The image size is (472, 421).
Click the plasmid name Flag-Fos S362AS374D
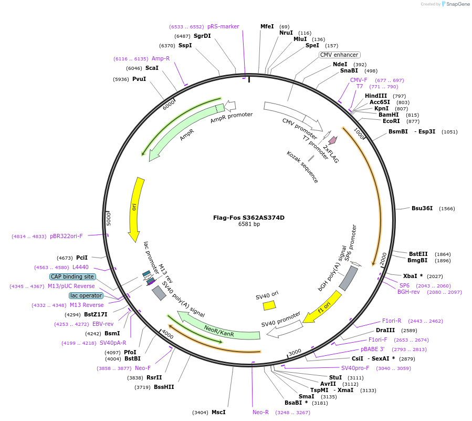[249, 218]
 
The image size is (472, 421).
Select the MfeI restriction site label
[267, 26]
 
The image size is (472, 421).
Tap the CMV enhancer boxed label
[339, 55]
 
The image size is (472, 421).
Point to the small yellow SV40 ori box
[269, 305]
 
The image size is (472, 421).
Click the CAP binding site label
[72, 276]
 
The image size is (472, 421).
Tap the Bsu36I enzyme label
[422, 208]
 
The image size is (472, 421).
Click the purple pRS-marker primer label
[223, 26]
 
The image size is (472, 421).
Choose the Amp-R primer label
[161, 58]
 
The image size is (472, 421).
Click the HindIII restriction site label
[376, 96]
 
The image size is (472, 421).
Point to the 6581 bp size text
[249, 224]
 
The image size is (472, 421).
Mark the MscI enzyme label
[218, 412]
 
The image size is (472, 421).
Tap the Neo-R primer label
[260, 412]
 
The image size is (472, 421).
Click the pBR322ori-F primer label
[66, 236]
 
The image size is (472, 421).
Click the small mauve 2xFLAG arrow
[332, 140]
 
